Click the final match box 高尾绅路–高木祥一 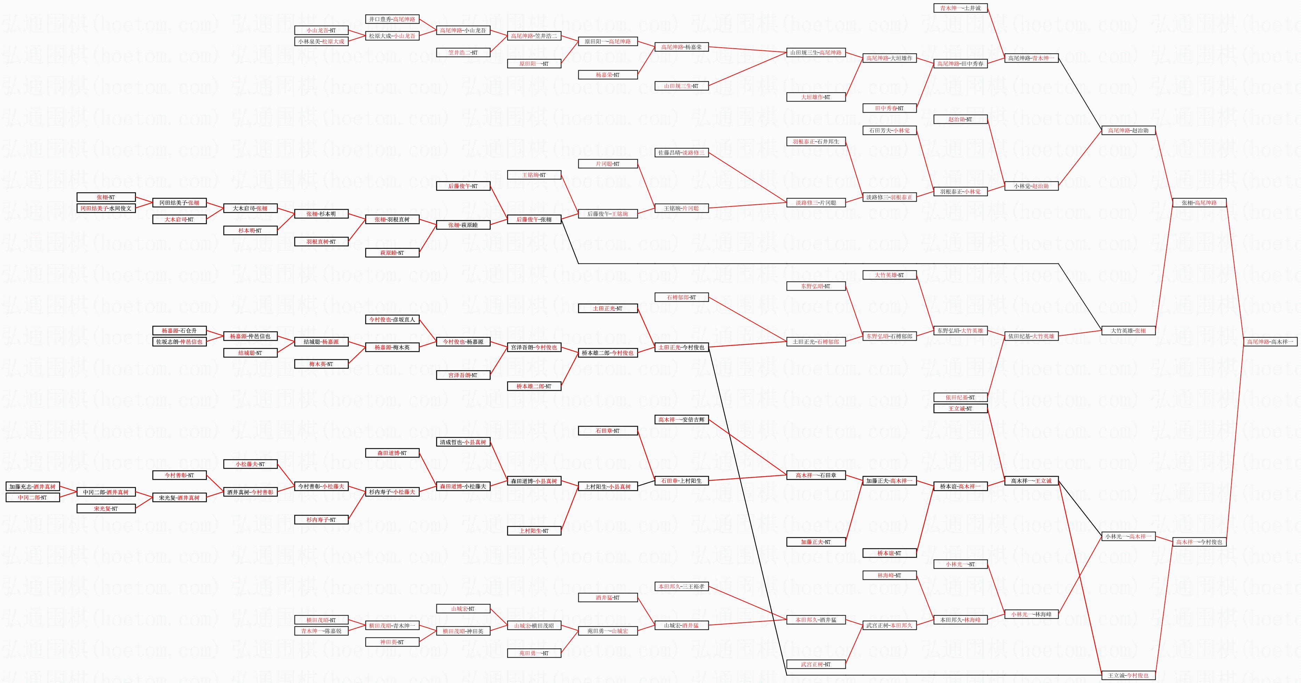(1270, 342)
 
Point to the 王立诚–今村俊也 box (1128, 675)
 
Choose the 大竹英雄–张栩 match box (1128, 331)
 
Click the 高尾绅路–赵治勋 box (1128, 130)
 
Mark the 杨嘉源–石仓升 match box (179, 331)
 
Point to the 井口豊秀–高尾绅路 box (392, 19)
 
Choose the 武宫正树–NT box (816, 664)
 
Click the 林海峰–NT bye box (889, 576)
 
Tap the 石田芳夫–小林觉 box (889, 130)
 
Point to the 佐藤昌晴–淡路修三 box (681, 153)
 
